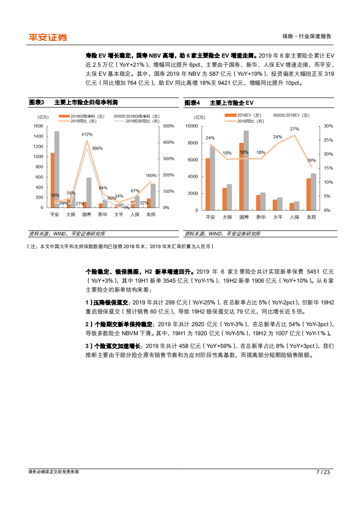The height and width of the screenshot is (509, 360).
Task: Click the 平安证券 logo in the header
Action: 48,37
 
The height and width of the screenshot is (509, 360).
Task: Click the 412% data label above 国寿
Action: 87,134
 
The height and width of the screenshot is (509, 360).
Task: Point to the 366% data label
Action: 97,148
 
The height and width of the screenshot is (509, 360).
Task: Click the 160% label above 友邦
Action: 151,175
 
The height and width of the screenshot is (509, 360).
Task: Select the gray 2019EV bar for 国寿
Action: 247,170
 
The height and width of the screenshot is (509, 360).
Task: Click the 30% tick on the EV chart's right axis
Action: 328,126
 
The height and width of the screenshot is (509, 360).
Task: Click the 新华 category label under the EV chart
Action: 261,217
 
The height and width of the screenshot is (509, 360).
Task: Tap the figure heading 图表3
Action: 36,103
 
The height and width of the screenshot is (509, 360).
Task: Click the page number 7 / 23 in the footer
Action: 323,472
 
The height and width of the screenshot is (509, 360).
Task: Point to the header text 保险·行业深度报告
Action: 307,37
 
